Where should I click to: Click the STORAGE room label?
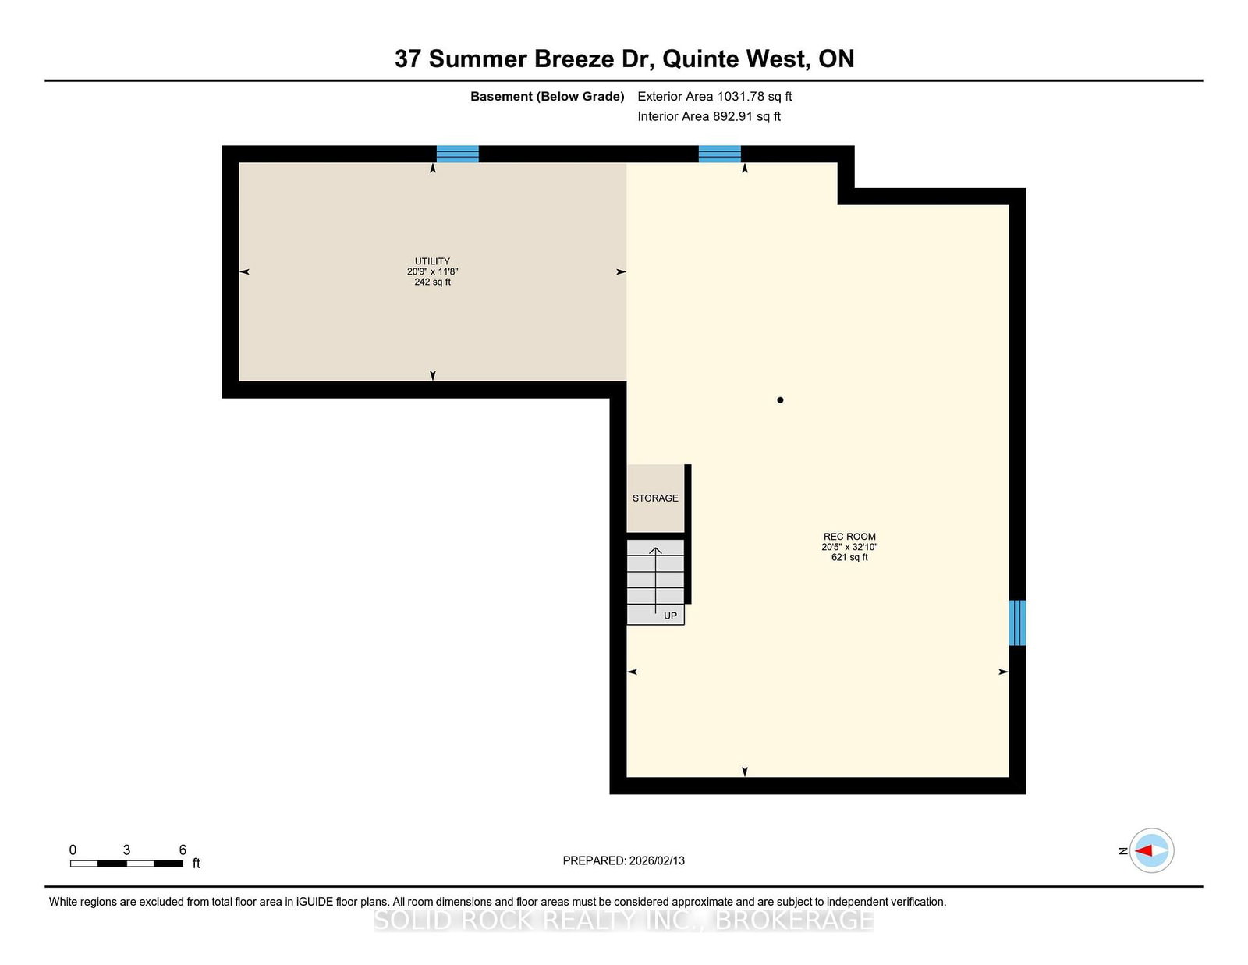(x=655, y=498)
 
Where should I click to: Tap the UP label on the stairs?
(x=670, y=616)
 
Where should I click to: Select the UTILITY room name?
(x=432, y=261)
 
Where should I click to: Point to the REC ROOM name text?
(x=849, y=537)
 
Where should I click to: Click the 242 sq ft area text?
(x=432, y=282)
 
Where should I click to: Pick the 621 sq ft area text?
(x=849, y=557)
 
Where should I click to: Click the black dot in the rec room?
(x=780, y=400)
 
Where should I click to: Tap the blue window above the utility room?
(x=457, y=154)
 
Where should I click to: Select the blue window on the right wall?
(x=1017, y=623)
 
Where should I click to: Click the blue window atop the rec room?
(x=719, y=154)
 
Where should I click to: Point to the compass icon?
(x=1151, y=850)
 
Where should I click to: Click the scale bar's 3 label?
(x=126, y=850)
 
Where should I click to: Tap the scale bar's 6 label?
(x=183, y=850)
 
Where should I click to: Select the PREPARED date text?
(x=623, y=860)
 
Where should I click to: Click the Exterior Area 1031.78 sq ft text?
(x=714, y=97)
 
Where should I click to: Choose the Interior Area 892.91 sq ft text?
(x=709, y=116)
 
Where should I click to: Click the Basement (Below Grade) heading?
(x=547, y=97)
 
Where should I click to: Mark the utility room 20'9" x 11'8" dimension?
(x=432, y=271)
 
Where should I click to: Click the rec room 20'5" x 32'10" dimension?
(x=849, y=547)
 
